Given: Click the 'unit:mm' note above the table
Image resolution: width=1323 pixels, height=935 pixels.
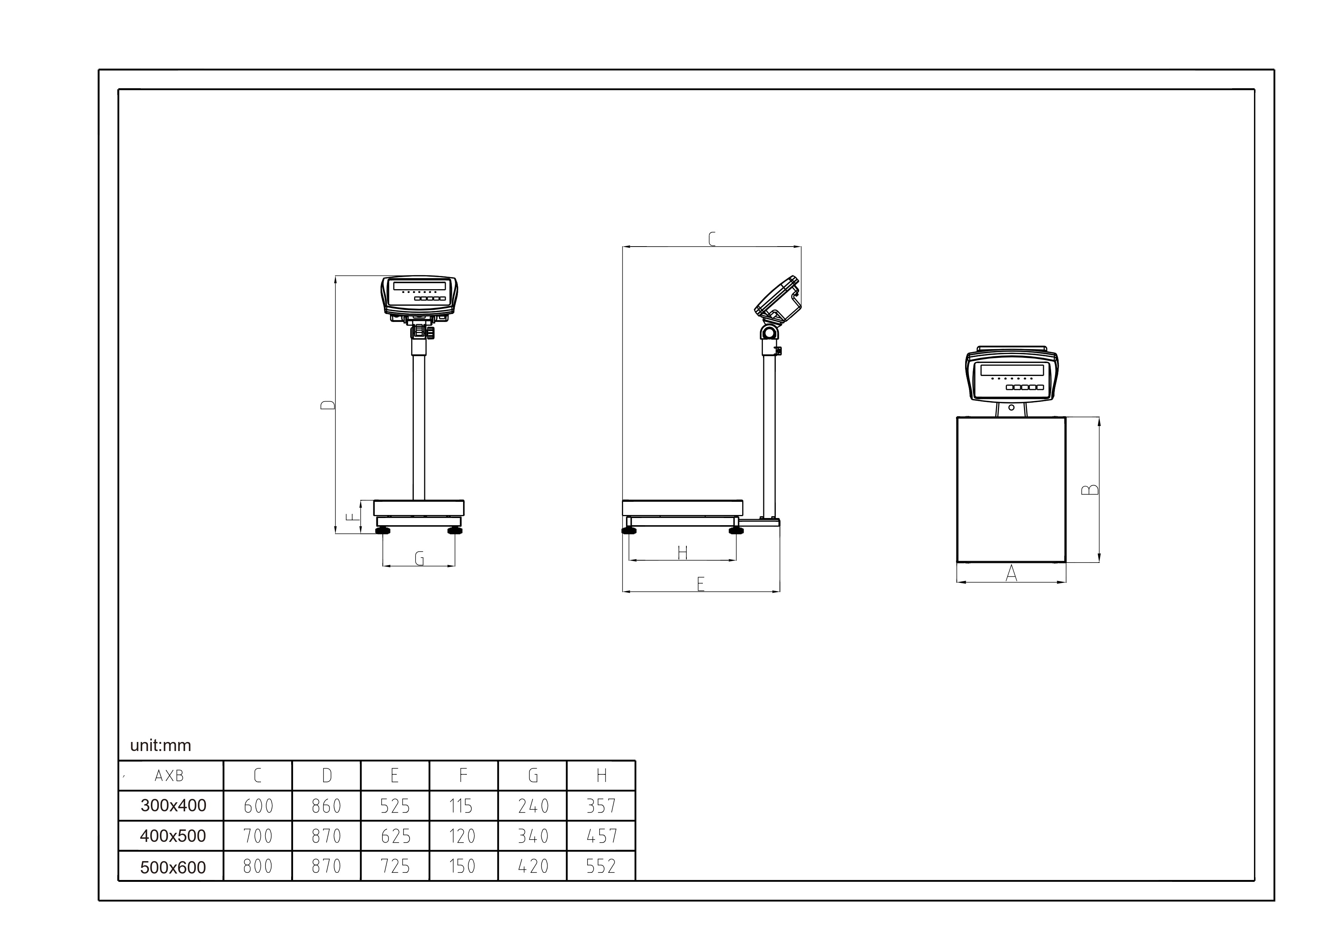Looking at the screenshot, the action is (160, 745).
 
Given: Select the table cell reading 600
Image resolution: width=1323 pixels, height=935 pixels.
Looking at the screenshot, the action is (258, 806).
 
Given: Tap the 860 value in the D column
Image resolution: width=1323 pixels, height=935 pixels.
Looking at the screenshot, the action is (327, 806).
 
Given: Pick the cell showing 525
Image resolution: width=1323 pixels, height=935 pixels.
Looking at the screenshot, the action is (395, 806).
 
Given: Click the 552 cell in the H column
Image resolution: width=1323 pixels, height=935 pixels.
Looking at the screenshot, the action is (602, 866).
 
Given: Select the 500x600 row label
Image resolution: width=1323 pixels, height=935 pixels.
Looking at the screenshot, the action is (173, 867).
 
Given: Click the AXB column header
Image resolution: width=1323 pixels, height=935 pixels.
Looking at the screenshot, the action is (169, 776).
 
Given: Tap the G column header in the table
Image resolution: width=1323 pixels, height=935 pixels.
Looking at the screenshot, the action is (533, 776).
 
